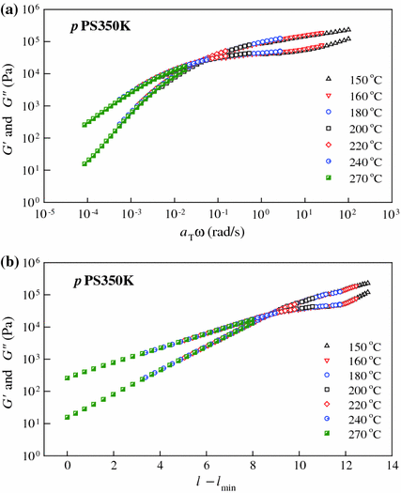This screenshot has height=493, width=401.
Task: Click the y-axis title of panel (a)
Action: click(10, 105)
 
